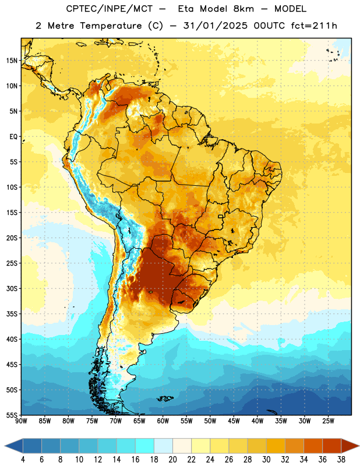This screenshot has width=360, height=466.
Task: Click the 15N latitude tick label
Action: pos(12,61)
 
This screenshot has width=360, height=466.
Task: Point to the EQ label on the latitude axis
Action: pos(13,137)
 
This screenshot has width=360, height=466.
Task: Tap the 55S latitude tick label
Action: pos(12,415)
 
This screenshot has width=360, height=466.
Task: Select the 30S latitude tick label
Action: pos(12,288)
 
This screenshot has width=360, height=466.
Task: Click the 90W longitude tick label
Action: pos(21,421)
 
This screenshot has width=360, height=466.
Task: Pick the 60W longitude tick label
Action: pos(163,421)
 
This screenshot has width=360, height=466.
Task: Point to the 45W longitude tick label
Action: pos(234,421)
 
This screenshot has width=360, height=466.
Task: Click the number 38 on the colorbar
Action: pos(341,460)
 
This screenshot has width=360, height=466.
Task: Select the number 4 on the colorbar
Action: pos(23,460)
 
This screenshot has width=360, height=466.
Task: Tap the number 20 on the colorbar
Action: pos(172,460)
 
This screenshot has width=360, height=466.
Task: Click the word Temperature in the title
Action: pos(111,26)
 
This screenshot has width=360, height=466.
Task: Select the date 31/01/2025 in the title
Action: pos(215,26)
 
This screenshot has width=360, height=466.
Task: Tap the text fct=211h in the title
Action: pos(314,26)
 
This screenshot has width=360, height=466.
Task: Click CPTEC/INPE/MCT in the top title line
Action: pos(109,9)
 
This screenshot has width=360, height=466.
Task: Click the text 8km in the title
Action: pos(243,9)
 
